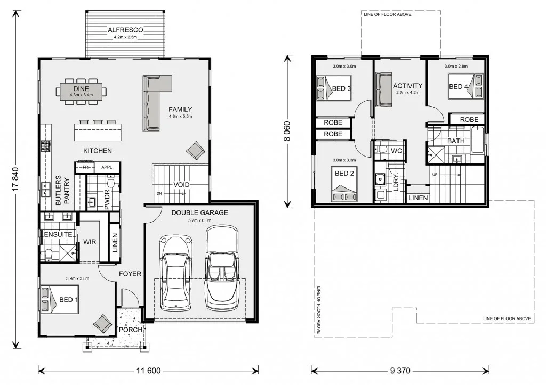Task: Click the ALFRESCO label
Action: (x=125, y=30)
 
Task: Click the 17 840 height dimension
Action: (x=14, y=179)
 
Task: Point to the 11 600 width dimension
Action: (x=148, y=371)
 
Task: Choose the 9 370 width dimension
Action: (x=400, y=371)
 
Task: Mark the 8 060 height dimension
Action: (x=287, y=131)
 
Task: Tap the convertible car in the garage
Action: (x=222, y=268)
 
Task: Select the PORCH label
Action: (x=131, y=330)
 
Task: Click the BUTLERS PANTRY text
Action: (x=62, y=190)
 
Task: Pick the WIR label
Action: (x=90, y=242)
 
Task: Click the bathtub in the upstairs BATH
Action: (x=477, y=140)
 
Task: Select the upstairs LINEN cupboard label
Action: (x=418, y=198)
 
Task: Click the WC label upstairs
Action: (x=396, y=151)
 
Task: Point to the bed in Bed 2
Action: (x=344, y=184)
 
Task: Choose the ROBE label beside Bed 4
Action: (x=469, y=120)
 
